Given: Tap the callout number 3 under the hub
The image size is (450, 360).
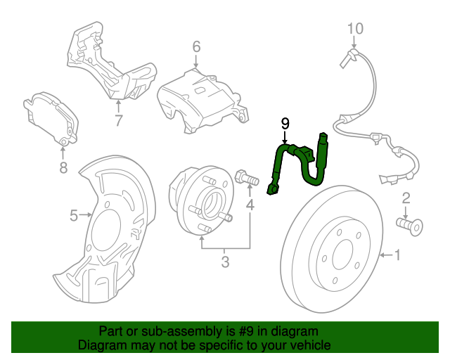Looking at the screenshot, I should pos(225,264).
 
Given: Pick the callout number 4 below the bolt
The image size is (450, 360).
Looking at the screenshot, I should pos(250,205).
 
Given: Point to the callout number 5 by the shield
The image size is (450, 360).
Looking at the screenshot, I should pos(74,216).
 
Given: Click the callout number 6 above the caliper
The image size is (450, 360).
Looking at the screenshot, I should pos(196,47).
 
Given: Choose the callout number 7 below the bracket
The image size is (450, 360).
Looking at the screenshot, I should pos(119,120).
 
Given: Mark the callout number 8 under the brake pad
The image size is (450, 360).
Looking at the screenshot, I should pos(63,167).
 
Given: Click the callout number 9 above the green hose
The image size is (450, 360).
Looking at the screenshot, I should pos(285,123).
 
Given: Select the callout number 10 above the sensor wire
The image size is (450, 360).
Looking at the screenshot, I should pos(356,29).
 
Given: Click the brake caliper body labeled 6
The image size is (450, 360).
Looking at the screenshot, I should pos(200,98).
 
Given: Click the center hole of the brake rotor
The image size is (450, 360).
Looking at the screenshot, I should pos(342,255).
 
